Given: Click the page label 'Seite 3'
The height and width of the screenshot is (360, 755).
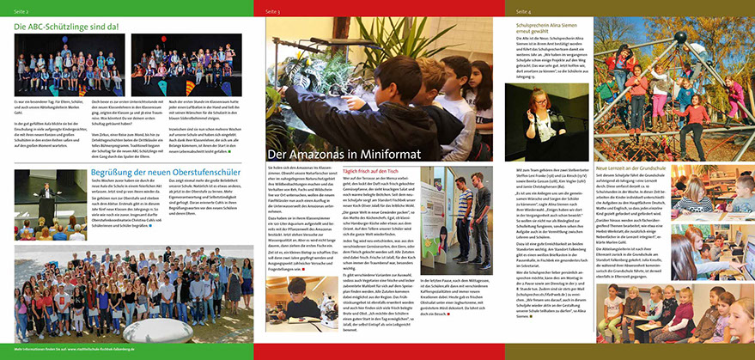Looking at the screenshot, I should (x=273, y=11).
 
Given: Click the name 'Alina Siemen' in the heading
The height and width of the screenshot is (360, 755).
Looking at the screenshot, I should (x=584, y=26).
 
